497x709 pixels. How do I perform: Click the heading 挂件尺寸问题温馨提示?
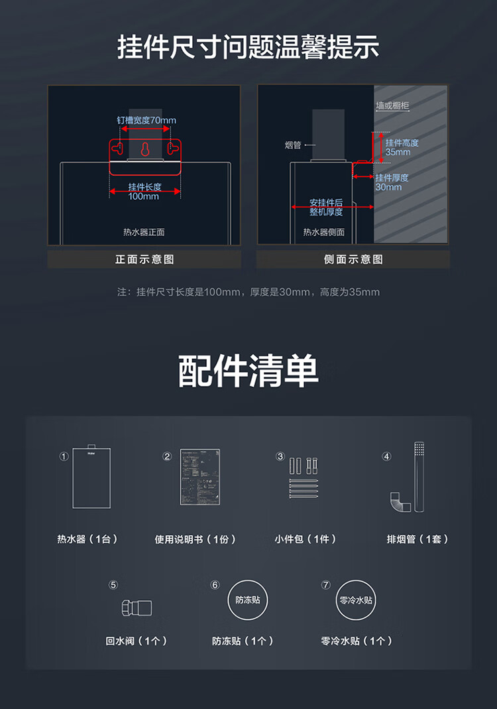248,48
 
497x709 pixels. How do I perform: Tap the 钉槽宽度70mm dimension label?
146,120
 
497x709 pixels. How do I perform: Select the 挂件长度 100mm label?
144,192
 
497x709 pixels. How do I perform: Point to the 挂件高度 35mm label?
402,147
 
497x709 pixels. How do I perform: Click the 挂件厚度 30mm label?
392,182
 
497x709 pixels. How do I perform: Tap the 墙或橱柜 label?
392,105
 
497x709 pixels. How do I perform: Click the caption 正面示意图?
144,259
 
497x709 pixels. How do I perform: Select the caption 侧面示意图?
353,259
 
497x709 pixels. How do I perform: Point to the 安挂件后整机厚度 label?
326,207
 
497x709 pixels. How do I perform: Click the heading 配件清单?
248,371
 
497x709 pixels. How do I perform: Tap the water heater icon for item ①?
91,477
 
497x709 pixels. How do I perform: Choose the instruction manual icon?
200,477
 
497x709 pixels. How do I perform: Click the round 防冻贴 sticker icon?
248,600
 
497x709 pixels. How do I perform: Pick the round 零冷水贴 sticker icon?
356,600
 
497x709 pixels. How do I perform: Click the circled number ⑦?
325,585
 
